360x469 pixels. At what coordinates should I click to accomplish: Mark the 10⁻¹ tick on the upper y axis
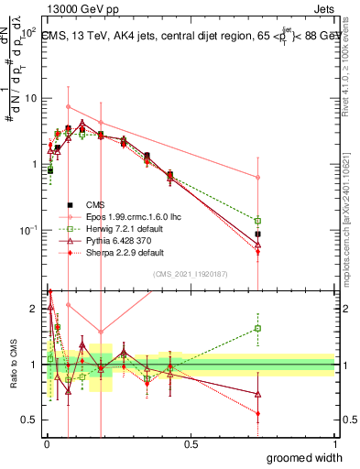27,230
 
